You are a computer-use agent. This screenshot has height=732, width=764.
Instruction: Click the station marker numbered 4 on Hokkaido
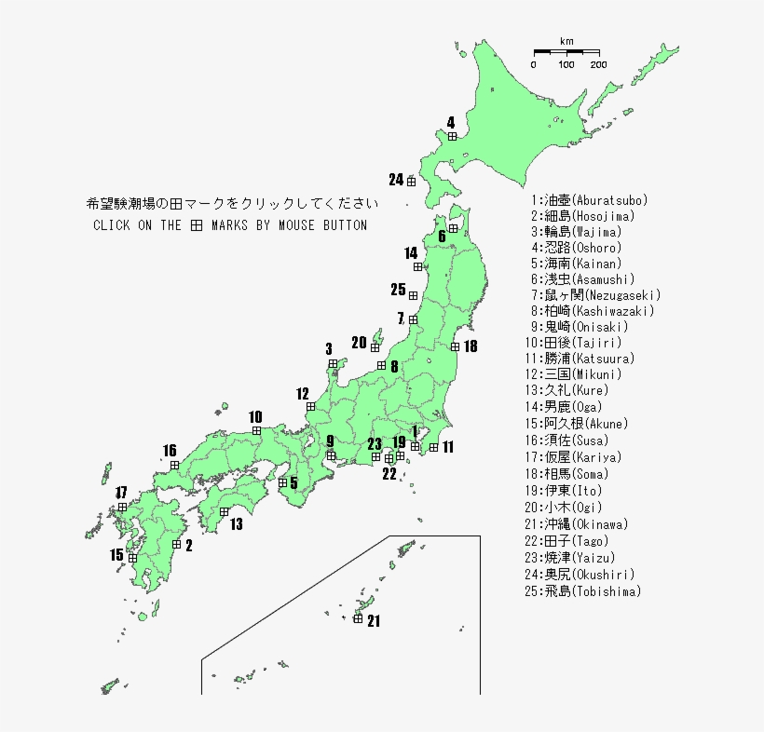click(x=452, y=136)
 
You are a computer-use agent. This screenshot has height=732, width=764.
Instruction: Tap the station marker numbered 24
click(x=411, y=181)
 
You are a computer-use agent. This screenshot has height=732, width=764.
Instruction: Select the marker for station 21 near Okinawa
click(x=358, y=618)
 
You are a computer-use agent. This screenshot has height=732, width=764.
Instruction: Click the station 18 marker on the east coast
click(x=455, y=346)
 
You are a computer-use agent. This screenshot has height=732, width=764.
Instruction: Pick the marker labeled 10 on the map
click(x=256, y=430)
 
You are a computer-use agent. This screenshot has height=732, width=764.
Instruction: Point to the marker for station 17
click(x=122, y=507)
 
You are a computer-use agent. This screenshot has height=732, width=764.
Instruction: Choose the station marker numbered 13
click(x=225, y=511)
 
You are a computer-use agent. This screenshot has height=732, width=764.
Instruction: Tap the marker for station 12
click(x=310, y=406)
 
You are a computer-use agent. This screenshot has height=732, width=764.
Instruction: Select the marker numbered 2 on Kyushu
click(x=177, y=544)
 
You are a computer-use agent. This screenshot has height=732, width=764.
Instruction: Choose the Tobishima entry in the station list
click(x=586, y=591)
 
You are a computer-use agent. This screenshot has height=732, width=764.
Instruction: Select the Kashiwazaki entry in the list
click(x=593, y=311)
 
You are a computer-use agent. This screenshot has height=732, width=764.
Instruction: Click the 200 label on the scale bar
click(x=598, y=64)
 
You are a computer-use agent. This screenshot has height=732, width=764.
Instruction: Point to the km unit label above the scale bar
click(x=566, y=41)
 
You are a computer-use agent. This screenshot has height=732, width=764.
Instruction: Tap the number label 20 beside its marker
click(x=359, y=342)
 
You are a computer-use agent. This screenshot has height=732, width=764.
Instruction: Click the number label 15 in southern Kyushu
click(x=116, y=555)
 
